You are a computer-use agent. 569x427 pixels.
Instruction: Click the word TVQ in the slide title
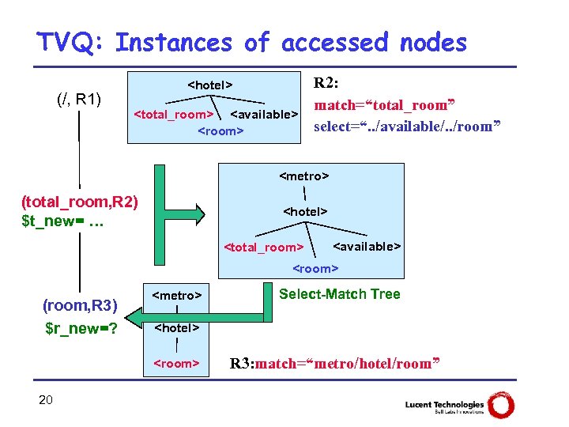pos(76,43)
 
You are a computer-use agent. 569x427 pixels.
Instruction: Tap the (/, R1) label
pos(78,100)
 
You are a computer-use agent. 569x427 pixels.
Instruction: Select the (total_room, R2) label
pos(80,202)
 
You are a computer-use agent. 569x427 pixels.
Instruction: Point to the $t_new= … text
pos(63,220)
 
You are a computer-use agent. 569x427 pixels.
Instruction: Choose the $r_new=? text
pos(81,327)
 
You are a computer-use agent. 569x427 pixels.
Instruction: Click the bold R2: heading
pos(329,83)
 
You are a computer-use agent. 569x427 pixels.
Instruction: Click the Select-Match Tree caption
pos(340,294)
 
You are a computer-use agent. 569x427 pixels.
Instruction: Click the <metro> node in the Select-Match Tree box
pos(304,175)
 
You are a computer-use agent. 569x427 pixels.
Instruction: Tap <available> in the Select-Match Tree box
pos(367,246)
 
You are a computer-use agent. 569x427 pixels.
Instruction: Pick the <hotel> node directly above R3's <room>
pos(176,327)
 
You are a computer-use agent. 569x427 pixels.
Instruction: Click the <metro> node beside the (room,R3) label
pos(176,296)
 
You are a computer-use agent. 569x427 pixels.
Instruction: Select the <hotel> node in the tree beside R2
pos(209,85)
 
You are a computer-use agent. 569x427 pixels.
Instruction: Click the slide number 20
pos(46,400)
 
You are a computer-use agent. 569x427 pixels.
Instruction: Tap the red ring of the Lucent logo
pos(501,405)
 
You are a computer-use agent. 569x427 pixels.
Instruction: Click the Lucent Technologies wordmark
pos(443,404)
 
